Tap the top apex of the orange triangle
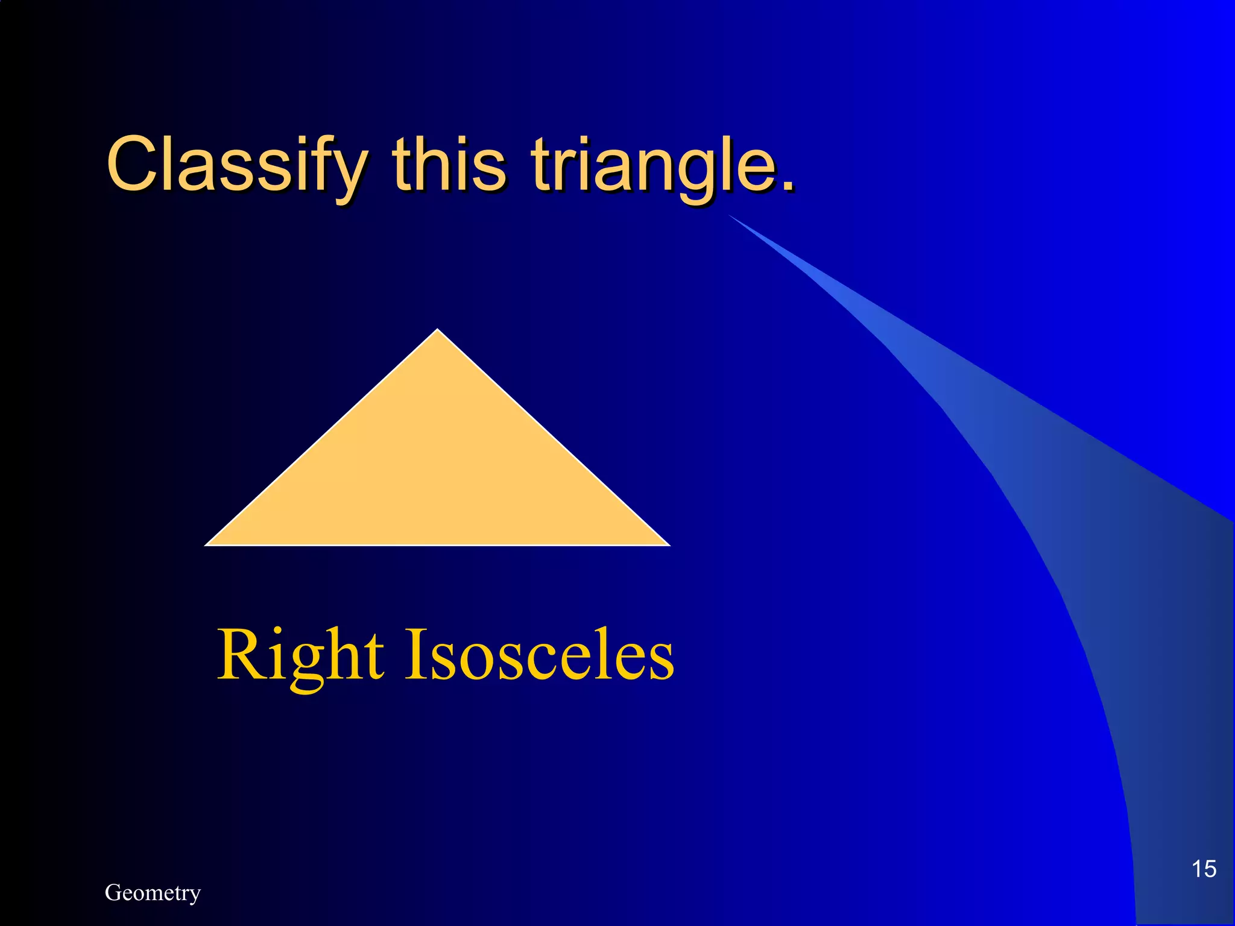click(x=438, y=330)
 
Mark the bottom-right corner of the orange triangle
click(x=668, y=544)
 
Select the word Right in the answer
click(x=300, y=656)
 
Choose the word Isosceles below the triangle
click(x=539, y=655)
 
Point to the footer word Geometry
click(x=153, y=893)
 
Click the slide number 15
click(x=1204, y=869)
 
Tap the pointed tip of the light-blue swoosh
click(x=730, y=215)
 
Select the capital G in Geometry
click(x=113, y=892)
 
